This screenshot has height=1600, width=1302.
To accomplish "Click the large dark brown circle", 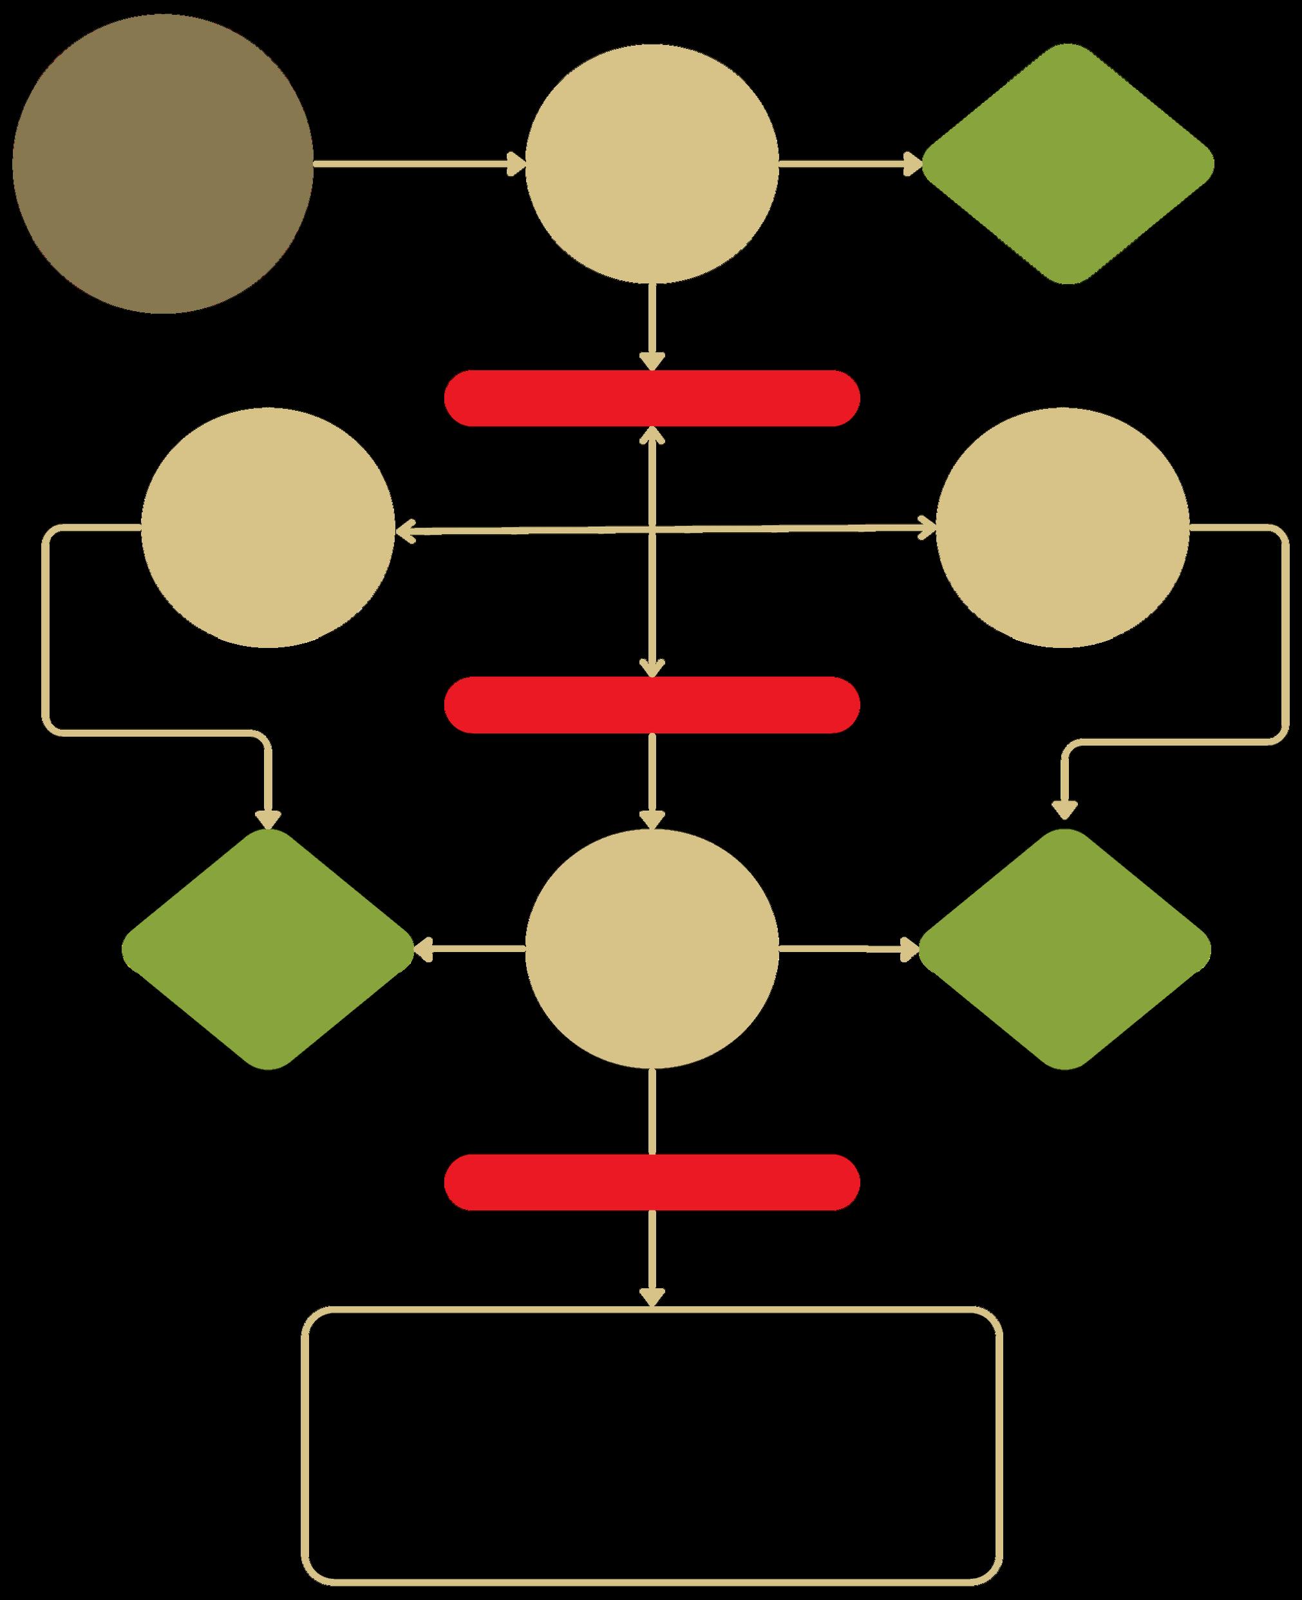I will coord(162,164).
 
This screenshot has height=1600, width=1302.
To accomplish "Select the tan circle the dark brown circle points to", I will coord(652,164).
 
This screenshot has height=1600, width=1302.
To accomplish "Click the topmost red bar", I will coord(652,398).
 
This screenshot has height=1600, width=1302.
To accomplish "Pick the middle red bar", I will coord(652,705).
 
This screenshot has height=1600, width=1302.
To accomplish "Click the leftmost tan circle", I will coord(268,528).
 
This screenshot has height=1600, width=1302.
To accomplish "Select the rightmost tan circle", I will coord(1062,528).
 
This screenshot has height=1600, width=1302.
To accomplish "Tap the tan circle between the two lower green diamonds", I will coord(652,949).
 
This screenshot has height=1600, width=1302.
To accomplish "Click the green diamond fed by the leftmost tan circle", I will coord(268,949).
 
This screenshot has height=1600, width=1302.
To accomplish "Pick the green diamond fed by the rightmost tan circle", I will coord(1064,949).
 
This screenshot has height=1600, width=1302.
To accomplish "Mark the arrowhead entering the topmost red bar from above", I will coord(652,361).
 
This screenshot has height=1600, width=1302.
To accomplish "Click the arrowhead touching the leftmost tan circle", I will coord(405,532).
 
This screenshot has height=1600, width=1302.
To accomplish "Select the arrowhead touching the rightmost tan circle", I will coord(928,528).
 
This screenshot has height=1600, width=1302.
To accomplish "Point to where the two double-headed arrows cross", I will coord(652,530).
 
